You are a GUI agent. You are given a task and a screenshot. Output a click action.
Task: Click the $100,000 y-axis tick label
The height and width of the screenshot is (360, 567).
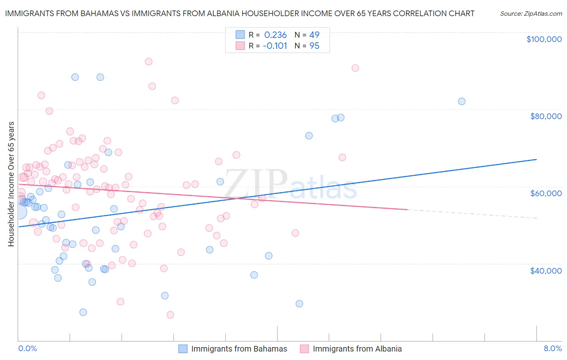point(544,39)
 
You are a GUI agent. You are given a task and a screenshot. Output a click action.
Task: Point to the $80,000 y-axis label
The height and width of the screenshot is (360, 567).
point(546,116)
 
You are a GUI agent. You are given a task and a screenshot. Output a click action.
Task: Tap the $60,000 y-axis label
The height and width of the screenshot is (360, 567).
point(546,193)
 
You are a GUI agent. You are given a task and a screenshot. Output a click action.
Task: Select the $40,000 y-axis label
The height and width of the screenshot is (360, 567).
point(546,271)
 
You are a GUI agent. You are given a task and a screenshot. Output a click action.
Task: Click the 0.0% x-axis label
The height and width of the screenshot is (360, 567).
point(27,349)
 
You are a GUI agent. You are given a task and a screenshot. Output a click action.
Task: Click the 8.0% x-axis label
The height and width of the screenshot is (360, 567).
point(552,349)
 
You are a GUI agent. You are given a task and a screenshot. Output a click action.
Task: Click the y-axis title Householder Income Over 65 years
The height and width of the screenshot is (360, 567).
point(11,184)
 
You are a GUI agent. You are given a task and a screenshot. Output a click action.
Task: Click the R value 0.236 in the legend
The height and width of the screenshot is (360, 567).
point(275,35)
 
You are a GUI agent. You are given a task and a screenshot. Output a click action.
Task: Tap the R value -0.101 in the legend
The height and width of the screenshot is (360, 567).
point(275,46)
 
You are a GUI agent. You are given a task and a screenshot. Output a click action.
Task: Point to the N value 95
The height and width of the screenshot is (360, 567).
point(314,46)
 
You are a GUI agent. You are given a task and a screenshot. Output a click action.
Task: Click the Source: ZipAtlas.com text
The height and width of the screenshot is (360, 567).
point(531,14)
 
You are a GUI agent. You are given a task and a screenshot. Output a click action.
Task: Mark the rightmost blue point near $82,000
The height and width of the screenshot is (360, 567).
point(462,101)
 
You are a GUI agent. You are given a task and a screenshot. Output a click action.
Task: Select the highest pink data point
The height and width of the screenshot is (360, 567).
point(148,62)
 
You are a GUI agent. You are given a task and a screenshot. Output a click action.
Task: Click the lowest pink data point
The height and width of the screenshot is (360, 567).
point(170,315)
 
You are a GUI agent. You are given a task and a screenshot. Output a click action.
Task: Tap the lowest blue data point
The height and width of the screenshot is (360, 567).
point(83,312)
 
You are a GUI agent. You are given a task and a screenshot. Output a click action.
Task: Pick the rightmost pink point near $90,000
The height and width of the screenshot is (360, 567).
point(355,68)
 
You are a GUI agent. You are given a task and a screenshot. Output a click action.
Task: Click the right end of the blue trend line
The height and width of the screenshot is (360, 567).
point(536,159)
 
